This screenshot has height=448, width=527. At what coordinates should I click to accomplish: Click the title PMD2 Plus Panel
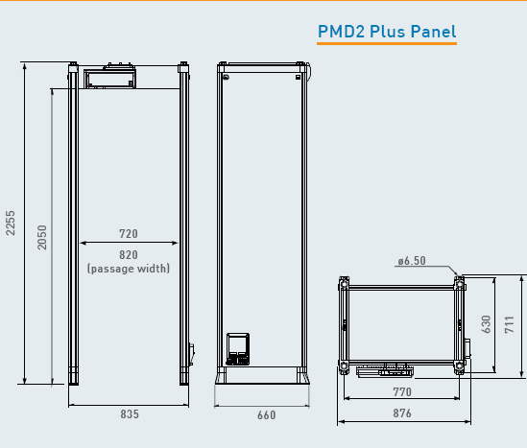tap(387, 32)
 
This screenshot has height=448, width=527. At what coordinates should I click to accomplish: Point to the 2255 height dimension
tap(11, 223)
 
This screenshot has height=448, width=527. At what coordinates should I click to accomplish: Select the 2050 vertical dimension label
tap(42, 238)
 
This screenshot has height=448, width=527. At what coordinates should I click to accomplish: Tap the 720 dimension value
tap(129, 234)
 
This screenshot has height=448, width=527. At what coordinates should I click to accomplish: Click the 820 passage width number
tap(129, 255)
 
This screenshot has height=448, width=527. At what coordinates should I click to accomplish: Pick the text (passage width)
tap(129, 269)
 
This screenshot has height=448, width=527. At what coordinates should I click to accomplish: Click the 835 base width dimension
tap(130, 414)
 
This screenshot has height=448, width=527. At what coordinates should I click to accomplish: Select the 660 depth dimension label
tap(267, 415)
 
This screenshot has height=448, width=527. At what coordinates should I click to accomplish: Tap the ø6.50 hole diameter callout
tap(412, 261)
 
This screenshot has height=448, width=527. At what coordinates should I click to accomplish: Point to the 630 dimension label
tap(486, 324)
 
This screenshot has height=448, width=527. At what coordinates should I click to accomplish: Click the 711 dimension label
tap(510, 324)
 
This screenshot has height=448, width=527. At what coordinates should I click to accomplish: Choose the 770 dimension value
tap(402, 392)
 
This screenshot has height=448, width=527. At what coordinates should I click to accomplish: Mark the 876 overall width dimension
tap(402, 413)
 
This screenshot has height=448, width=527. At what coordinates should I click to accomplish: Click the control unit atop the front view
tap(109, 77)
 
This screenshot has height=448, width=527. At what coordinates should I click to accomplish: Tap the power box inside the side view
tap(238, 349)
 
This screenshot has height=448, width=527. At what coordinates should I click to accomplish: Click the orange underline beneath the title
tap(387, 43)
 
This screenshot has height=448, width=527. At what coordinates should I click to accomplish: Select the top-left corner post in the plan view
tap(344, 284)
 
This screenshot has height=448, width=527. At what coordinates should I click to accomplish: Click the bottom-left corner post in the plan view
tap(344, 366)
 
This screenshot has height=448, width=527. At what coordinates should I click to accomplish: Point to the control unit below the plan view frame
tap(385, 370)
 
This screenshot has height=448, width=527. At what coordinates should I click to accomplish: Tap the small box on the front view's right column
tap(192, 354)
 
